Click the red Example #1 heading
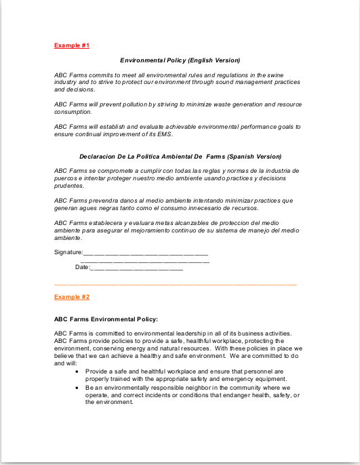[72, 45]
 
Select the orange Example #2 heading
[72, 298]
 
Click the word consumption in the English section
[73, 112]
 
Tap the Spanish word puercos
[66, 178]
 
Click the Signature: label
[68, 253]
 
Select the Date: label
[82, 267]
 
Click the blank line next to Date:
[136, 268]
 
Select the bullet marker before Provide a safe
[78, 371]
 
